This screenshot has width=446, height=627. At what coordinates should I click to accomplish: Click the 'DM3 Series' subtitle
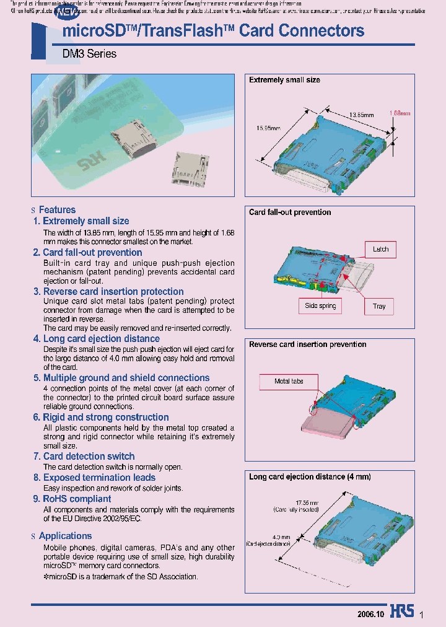point(89,54)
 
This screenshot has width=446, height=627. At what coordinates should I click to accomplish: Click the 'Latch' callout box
point(380,249)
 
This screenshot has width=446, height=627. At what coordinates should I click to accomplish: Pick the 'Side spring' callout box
point(320,305)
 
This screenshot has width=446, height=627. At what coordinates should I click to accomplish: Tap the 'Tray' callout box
point(379,306)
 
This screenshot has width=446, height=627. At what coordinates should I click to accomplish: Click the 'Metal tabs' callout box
point(289,381)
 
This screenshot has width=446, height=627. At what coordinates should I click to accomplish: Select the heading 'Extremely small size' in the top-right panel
point(284,80)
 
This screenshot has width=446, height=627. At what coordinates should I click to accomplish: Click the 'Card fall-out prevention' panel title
point(290,212)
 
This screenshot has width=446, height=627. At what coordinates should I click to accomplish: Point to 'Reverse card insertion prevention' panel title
point(307,344)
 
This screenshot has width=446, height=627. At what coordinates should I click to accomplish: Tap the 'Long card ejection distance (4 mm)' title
point(310,476)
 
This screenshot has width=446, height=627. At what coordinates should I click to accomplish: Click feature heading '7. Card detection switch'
point(84,456)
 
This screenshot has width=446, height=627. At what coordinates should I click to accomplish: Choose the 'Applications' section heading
point(65,536)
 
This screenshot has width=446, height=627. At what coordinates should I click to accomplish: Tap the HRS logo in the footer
point(402,611)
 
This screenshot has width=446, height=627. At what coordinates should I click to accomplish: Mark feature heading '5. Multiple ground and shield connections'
point(121,377)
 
